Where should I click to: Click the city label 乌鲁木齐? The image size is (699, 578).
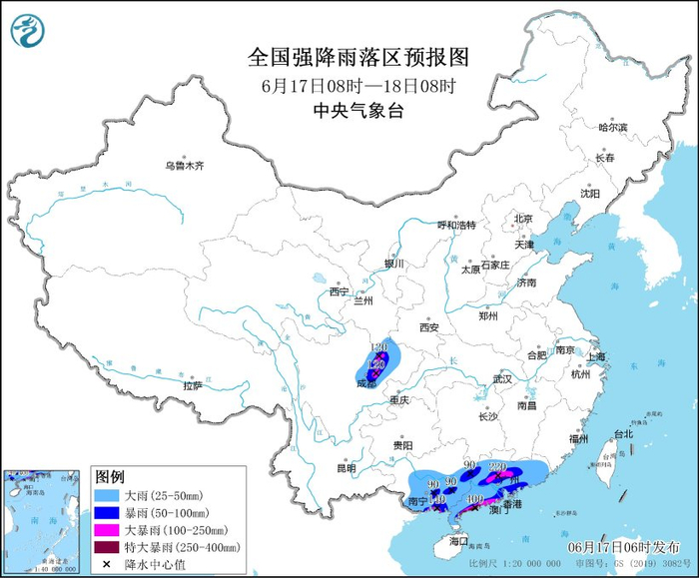pyautogui.click(x=185, y=166)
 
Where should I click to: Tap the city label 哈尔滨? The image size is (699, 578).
pyautogui.click(x=612, y=128)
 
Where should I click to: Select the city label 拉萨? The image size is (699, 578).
pyautogui.click(x=192, y=384)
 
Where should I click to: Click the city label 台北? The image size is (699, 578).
pyautogui.click(x=623, y=434)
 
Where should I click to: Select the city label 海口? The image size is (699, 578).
pyautogui.click(x=458, y=540)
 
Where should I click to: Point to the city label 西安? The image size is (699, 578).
pyautogui.click(x=429, y=327)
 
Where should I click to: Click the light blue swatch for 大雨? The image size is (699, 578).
pyautogui.click(x=108, y=494)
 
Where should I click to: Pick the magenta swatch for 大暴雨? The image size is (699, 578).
pyautogui.click(x=108, y=529)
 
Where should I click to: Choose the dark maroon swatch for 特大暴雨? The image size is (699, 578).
pyautogui.click(x=108, y=547)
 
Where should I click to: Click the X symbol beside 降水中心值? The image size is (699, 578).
pyautogui.click(x=106, y=565)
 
